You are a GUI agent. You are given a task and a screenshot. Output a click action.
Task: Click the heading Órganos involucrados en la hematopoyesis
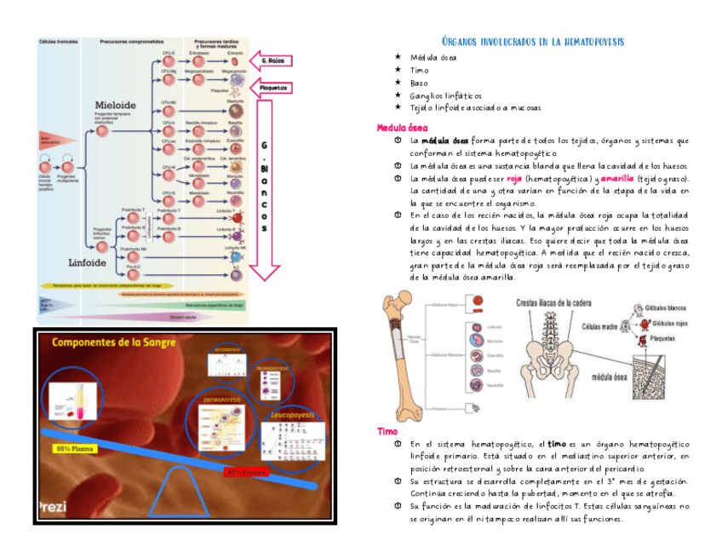click(x=534, y=41)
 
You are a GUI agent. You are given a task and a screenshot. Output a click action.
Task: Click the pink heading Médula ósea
click(x=403, y=128)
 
